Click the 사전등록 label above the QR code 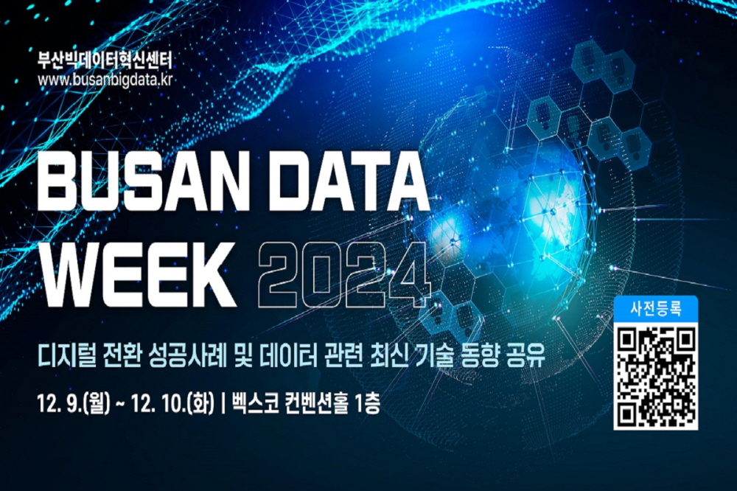tap(655, 310)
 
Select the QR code tap(655, 375)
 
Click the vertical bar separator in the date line tap(223, 404)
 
